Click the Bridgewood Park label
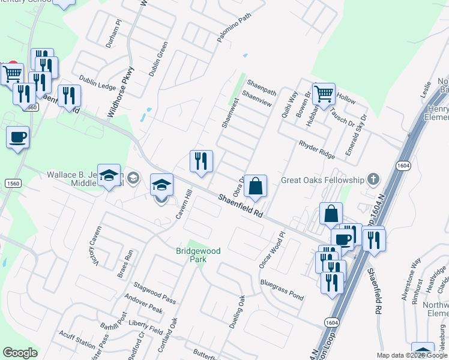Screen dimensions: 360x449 tap(198, 254)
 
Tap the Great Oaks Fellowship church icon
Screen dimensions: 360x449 tap(373, 179)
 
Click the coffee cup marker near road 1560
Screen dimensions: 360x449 tap(17, 137)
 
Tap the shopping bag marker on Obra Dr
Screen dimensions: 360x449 tap(255, 187)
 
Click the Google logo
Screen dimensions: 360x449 tap(20, 353)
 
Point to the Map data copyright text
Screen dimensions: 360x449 tap(411, 355)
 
